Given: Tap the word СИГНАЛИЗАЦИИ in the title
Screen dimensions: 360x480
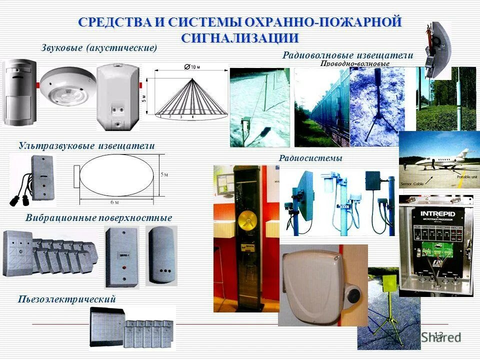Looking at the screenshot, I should pos(240,38).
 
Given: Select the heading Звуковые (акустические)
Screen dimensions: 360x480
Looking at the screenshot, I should pos(98,48).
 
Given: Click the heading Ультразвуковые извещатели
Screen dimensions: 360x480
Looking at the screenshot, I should pos(86,145).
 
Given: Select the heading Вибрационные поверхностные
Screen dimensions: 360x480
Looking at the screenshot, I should pos(98,218).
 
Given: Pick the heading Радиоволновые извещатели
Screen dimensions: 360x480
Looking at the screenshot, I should pos(348,55).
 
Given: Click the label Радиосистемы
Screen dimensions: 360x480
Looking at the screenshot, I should pos(310,158).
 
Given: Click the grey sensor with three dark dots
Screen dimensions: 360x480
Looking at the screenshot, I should pos(161,255).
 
